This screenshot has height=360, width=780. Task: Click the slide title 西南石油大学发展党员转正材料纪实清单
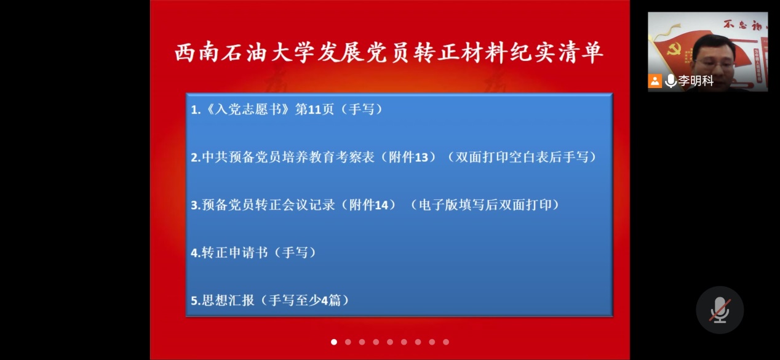coord(389,53)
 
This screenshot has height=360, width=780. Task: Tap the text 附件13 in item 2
coord(412,157)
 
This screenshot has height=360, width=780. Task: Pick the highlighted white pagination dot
coord(334,342)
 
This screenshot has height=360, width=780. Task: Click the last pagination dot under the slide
coord(446,342)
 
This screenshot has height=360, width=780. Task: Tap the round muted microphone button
coord(720,310)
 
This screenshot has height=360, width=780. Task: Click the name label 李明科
coord(696,81)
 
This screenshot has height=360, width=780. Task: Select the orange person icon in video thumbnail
coord(655,81)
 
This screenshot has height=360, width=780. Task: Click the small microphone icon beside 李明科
coord(671,81)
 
